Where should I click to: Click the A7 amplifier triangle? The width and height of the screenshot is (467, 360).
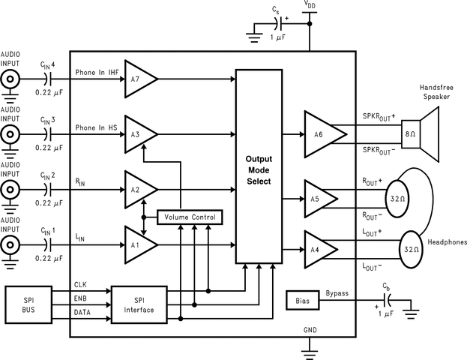(139, 77)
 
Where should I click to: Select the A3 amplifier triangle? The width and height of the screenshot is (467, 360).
(139, 133)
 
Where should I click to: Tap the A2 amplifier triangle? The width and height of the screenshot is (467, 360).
(139, 190)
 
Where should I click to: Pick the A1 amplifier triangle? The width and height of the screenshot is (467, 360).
(139, 244)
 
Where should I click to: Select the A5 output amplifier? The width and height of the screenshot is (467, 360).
(319, 199)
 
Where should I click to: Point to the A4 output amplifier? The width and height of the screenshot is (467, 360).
(319, 248)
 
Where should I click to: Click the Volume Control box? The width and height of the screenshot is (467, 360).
(190, 217)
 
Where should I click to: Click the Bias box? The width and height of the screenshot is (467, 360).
(303, 301)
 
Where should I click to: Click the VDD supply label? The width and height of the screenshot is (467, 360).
(309, 5)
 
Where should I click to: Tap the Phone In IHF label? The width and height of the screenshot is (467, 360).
(97, 72)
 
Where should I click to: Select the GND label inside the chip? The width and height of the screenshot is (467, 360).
(310, 330)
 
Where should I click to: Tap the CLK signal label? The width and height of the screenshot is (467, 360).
(81, 285)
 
